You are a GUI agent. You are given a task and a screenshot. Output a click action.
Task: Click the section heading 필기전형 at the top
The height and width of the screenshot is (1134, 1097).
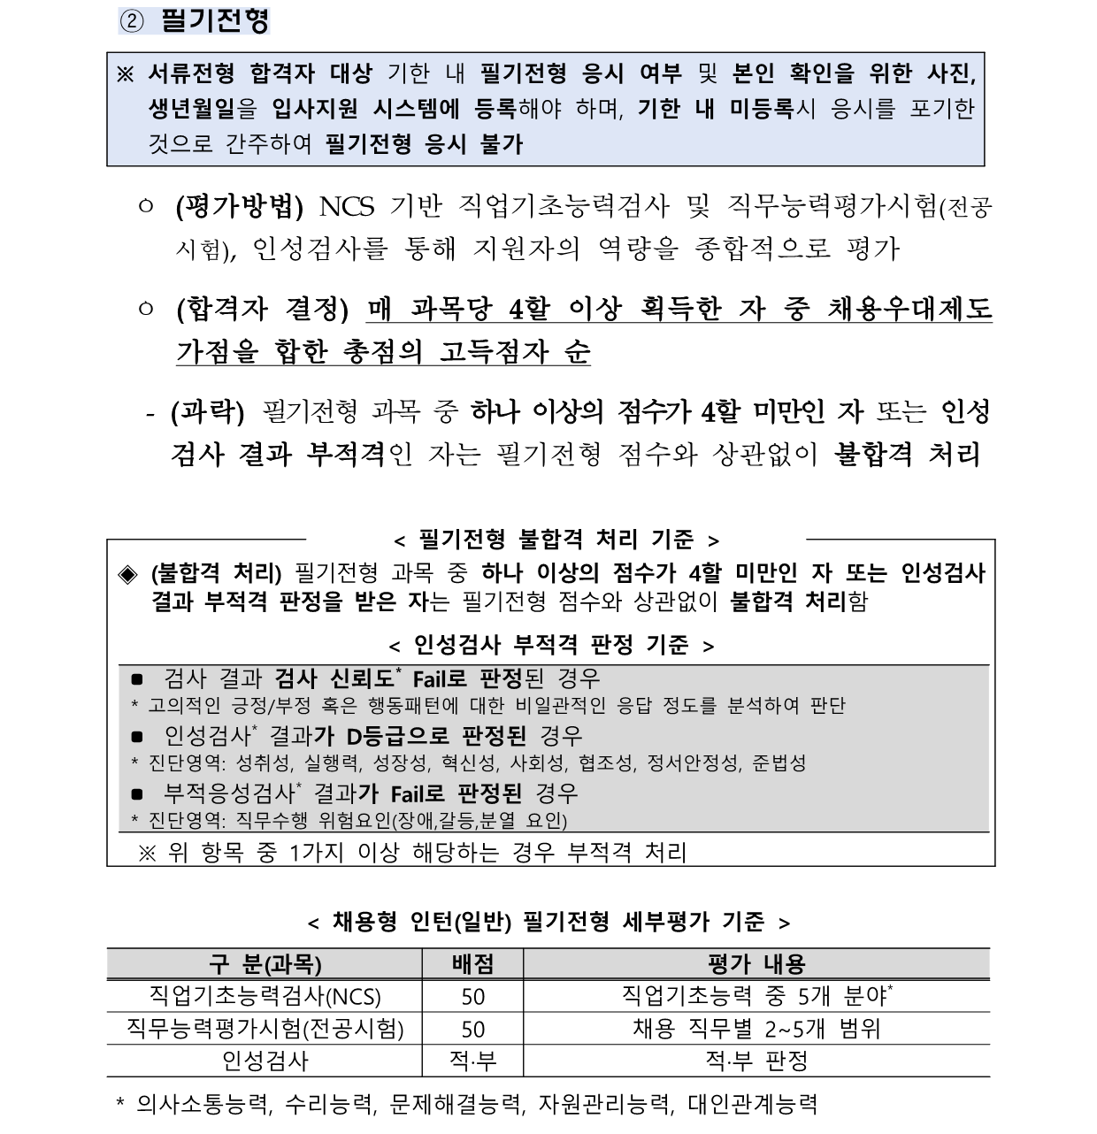tap(215, 19)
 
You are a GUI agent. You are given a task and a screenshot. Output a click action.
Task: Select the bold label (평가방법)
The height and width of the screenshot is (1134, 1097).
tap(240, 207)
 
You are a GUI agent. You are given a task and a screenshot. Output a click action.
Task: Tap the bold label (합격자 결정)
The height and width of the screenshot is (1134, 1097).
tap(263, 310)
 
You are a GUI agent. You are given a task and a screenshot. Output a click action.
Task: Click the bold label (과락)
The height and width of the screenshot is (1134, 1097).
tap(207, 411)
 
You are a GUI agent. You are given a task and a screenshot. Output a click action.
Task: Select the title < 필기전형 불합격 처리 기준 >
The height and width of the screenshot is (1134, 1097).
tap(556, 540)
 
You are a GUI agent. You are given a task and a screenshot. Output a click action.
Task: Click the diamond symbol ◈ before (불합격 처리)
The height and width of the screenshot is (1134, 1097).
tap(129, 574)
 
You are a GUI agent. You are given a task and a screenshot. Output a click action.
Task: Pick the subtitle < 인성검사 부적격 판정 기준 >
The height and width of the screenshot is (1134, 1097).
tap(551, 645)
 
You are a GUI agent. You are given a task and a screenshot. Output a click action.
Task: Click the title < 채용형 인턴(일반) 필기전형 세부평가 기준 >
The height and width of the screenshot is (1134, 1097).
tap(548, 923)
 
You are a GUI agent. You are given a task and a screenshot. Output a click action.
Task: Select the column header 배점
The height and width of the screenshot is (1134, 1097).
tap(472, 964)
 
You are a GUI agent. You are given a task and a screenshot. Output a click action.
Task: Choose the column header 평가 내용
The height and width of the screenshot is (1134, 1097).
tap(756, 964)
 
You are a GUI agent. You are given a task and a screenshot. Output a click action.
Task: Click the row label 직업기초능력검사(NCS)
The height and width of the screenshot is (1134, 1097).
tap(265, 997)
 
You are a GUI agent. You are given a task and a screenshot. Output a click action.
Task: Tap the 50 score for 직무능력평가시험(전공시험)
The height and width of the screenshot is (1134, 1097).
tap(472, 1030)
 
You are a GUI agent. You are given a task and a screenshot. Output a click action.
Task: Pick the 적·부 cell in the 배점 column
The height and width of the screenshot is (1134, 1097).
tap(472, 1061)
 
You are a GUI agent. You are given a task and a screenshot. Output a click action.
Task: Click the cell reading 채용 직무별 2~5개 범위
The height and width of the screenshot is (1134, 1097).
tap(756, 1030)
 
